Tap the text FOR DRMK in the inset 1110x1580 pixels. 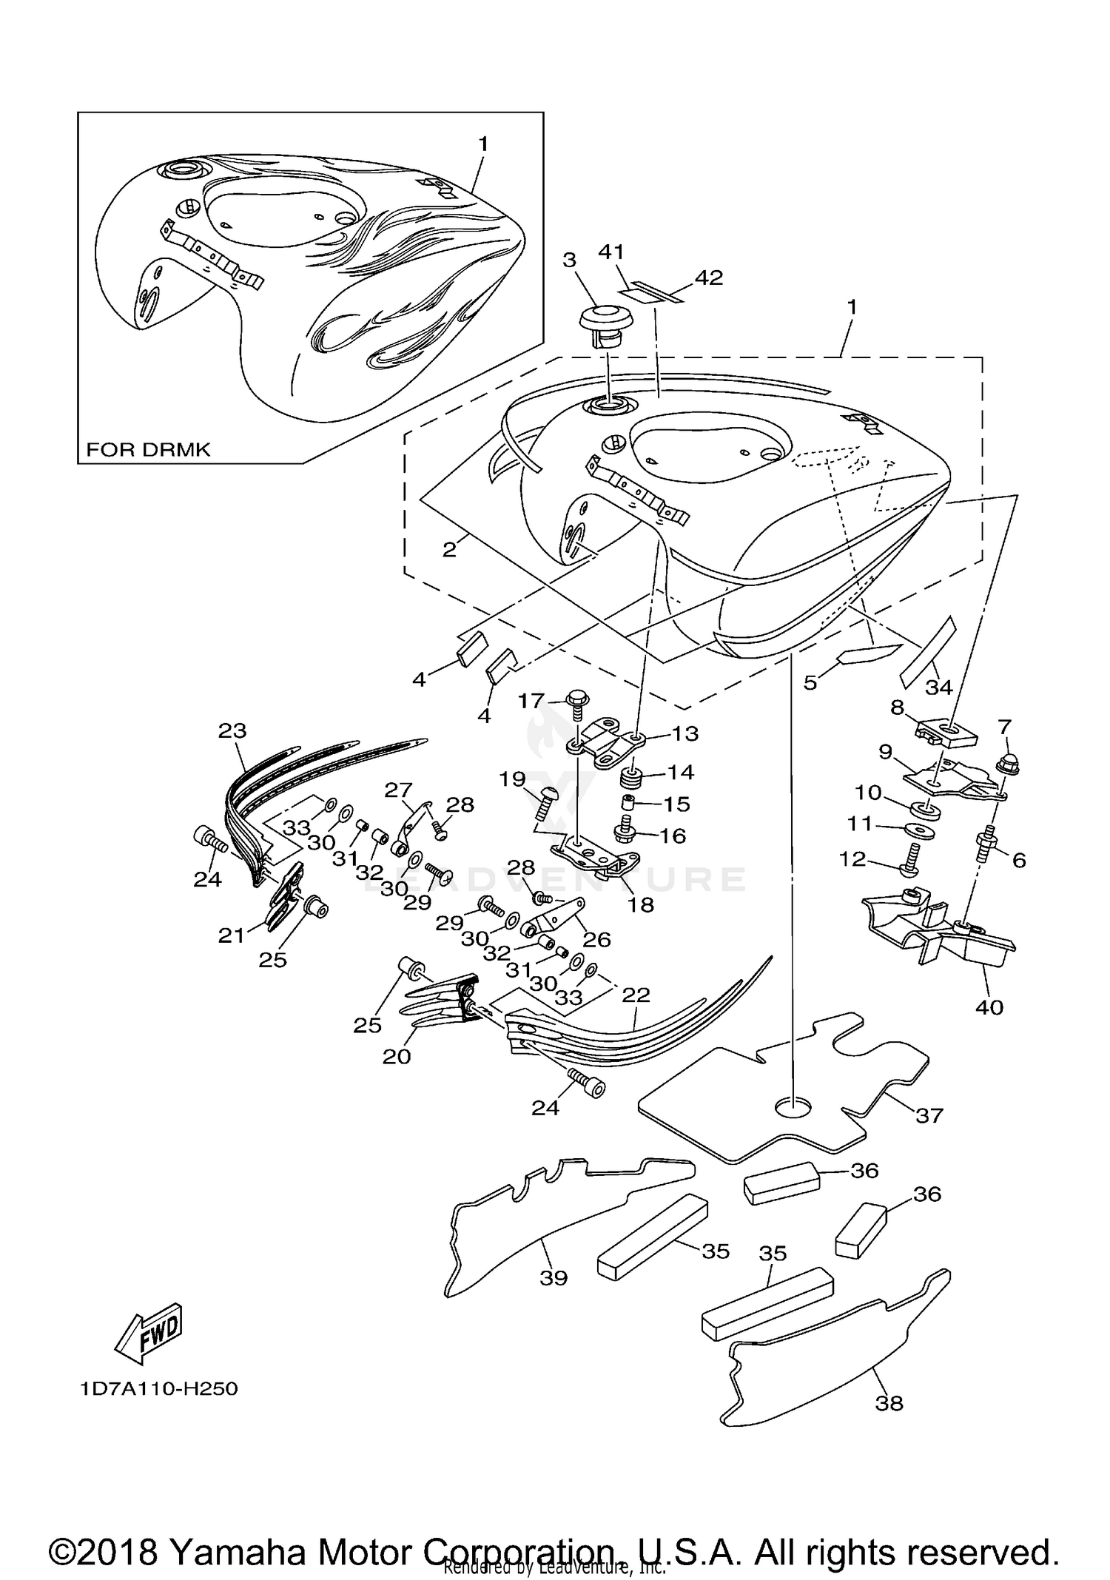point(148,449)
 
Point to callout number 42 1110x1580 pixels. point(708,278)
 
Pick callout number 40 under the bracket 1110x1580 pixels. point(989,1007)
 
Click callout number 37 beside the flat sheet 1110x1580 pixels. point(929,1115)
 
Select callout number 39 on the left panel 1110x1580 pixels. point(554,1277)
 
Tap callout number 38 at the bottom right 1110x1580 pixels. point(889,1402)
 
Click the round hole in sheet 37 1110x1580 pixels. point(793,1107)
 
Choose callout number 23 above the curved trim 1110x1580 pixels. point(232,730)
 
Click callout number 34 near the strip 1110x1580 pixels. point(939,688)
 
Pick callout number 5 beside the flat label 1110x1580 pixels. point(810,682)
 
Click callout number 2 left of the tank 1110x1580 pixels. point(449,550)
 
